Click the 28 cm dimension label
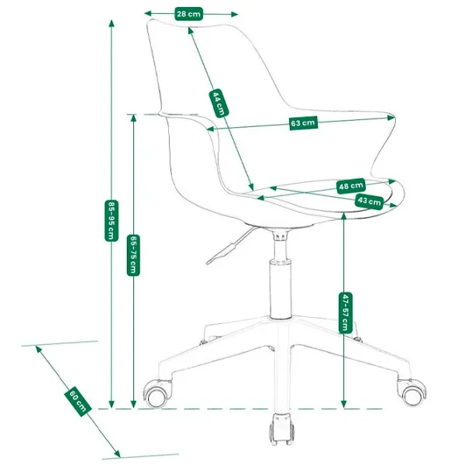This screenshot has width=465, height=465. [188, 14]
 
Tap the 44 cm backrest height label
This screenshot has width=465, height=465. [219, 103]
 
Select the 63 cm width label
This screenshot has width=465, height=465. [303, 122]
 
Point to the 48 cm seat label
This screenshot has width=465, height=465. [351, 186]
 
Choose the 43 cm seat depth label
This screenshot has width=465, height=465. [369, 201]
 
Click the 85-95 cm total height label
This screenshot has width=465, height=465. [112, 221]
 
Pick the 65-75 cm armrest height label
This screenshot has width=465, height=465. [133, 255]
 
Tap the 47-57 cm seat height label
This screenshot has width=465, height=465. [345, 312]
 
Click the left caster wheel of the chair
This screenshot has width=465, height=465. [156, 396]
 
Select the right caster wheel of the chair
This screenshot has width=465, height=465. [412, 393]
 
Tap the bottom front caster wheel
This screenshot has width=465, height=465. [281, 429]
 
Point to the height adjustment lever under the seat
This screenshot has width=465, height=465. [230, 246]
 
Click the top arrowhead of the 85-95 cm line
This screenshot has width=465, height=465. [112, 23]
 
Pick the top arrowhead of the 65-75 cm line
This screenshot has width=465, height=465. [133, 119]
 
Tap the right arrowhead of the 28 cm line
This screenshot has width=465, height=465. [234, 14]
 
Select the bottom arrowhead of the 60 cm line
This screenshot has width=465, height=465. [117, 453]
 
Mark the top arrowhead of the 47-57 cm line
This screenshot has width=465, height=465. [344, 217]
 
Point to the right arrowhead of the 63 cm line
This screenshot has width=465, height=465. [391, 118]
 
